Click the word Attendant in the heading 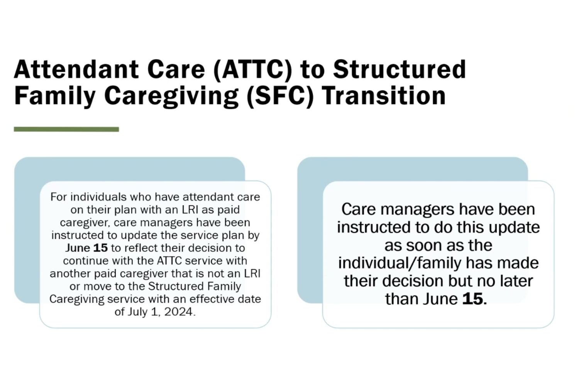(76, 69)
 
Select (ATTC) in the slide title (253, 69)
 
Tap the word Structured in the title (400, 69)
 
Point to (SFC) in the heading (280, 96)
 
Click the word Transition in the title (384, 96)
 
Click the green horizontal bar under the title (66, 129)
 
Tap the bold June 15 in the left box (86, 248)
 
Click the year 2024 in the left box (178, 312)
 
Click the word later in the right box (517, 281)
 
